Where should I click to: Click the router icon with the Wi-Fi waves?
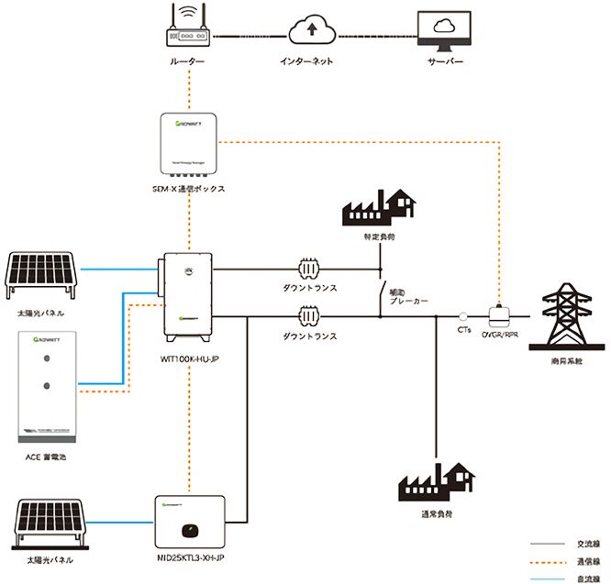click(x=187, y=31)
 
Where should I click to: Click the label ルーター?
click(x=187, y=61)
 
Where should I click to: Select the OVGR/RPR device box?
click(x=501, y=314)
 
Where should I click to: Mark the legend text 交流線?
click(x=588, y=541)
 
